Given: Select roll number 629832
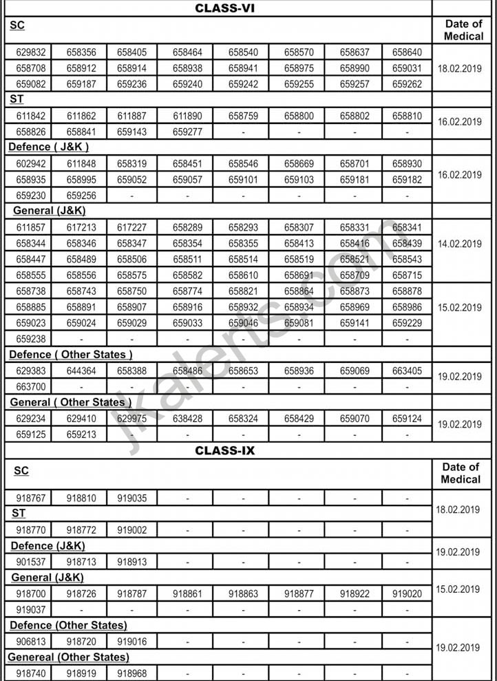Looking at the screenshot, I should pyautogui.click(x=31, y=52).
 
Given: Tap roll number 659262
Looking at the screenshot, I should pyautogui.click(x=407, y=84).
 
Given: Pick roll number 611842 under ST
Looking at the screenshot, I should pyautogui.click(x=31, y=116).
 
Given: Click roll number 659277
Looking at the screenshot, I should pyautogui.click(x=187, y=132).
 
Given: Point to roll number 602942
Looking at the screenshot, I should pyautogui.click(x=31, y=164).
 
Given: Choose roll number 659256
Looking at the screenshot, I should pyautogui.click(x=82, y=196).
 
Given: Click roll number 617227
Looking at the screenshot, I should pyautogui.click(x=131, y=228).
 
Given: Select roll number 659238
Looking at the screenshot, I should pyautogui.click(x=31, y=339).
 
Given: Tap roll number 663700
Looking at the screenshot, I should pyautogui.click(x=31, y=387).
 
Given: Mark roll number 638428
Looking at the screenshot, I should pyautogui.click(x=187, y=419).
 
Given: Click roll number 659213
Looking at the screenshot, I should pyautogui.click(x=82, y=434).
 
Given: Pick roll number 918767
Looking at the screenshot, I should pyautogui.click(x=31, y=498).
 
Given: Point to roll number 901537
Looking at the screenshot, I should pyautogui.click(x=31, y=562).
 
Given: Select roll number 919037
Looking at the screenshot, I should pyautogui.click(x=31, y=609).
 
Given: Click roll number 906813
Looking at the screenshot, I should pyautogui.click(x=31, y=641).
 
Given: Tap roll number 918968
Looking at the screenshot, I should pyautogui.click(x=131, y=673).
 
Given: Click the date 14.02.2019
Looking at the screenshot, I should pyautogui.click(x=459, y=244).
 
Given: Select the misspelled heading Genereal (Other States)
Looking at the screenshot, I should pyautogui.click(x=68, y=657).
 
